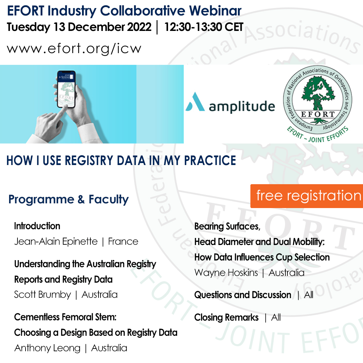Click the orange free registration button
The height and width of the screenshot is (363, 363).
tap(307, 196)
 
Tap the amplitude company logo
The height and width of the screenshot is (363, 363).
tap(230, 106)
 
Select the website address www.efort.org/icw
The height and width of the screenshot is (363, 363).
tap(74, 49)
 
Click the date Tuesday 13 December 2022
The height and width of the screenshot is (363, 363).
tap(79, 27)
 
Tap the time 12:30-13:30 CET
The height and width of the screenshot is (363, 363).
tap(204, 27)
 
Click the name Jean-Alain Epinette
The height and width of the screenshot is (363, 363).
tap(56, 242)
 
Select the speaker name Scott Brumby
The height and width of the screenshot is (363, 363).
tap(42, 295)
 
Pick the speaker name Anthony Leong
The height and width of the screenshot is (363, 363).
tap(47, 348)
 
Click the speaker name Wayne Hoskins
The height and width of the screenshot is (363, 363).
tap(226, 273)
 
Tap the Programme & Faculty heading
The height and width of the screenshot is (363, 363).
tap(69, 199)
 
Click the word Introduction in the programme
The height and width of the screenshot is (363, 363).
tap(37, 226)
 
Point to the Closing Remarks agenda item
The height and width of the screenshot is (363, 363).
tap(227, 318)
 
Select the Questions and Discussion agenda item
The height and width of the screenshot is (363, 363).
tap(243, 295)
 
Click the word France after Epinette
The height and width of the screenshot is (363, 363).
tap(123, 242)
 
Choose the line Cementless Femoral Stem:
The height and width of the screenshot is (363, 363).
tap(65, 317)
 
